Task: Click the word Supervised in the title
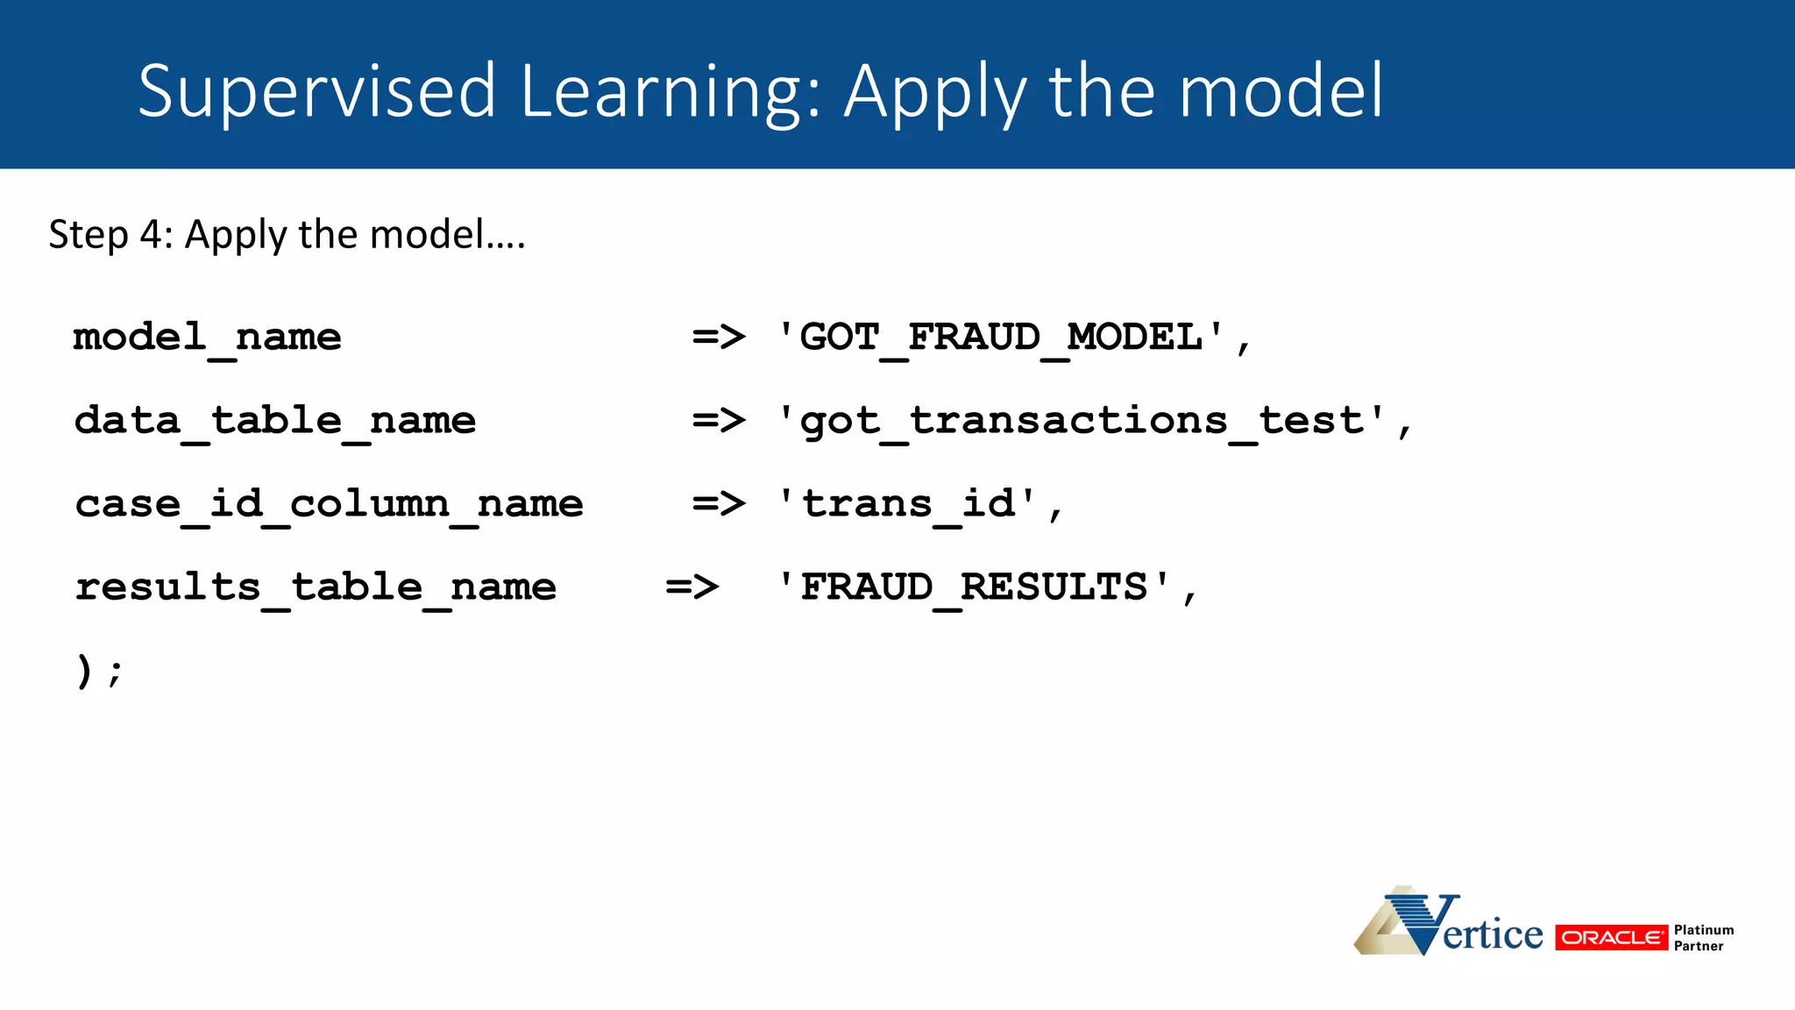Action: pos(317,91)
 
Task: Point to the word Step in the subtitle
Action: pos(88,235)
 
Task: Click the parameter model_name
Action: pos(207,338)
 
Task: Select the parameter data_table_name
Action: pos(274,421)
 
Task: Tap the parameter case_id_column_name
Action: pos(329,504)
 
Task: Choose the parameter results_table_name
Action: pos(316,587)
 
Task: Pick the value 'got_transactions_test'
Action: pos(1082,421)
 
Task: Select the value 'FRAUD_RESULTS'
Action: pos(974,587)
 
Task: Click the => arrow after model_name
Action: pos(719,337)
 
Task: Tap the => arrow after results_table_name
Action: pos(692,587)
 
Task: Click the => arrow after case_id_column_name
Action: pos(719,503)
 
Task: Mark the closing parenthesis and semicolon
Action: pos(98,672)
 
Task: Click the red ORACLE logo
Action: pos(1611,937)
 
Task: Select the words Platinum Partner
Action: pos(1703,937)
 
